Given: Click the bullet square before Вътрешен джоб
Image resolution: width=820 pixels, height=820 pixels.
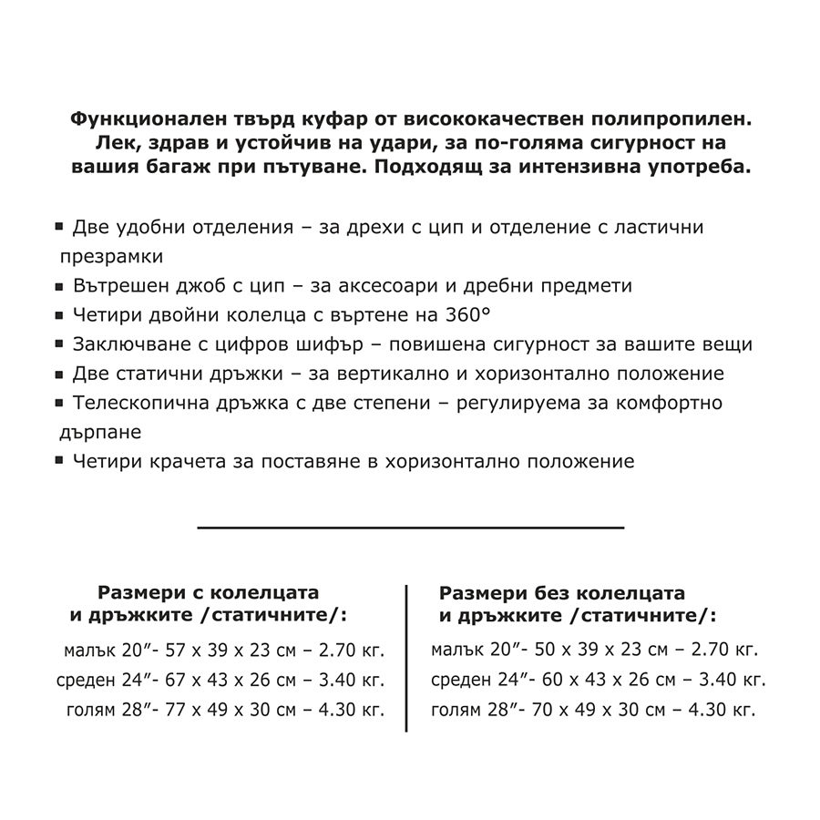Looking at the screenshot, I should point(60,285).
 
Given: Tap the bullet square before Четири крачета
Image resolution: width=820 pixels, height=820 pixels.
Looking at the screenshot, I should point(60,460).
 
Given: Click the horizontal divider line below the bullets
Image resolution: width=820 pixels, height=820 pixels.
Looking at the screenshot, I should point(410,527).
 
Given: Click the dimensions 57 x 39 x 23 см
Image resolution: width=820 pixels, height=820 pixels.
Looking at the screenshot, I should point(222,651).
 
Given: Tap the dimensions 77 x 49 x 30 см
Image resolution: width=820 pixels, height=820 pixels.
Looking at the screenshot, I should point(222,710).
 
